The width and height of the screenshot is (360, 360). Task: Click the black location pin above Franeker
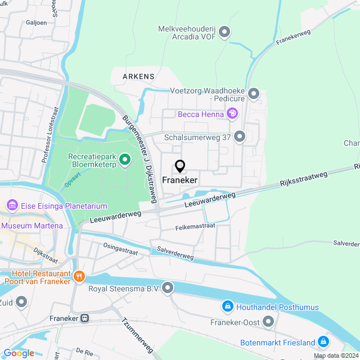tap(180, 166)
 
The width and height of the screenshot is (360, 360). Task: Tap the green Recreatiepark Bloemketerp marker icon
tap(124, 160)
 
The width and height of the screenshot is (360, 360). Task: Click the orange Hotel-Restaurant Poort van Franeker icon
tap(79, 276)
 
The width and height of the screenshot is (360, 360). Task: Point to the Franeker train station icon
tap(84, 318)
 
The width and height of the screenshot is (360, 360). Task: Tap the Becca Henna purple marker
tap(232, 114)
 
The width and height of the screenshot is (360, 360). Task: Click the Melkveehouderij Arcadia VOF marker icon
tap(224, 33)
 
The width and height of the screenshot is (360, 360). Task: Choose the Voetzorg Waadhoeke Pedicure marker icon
tap(254, 94)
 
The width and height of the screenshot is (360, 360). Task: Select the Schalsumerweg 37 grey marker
tap(240, 137)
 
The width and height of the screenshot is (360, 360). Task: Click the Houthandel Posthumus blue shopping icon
tap(227, 307)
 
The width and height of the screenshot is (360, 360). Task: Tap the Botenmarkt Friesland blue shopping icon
tap(323, 342)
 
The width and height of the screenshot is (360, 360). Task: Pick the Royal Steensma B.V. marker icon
tap(168, 289)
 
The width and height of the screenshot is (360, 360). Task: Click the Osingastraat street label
tap(120, 250)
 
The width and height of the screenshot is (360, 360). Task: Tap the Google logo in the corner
tap(19, 353)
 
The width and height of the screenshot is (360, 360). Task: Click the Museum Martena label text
tap(31, 226)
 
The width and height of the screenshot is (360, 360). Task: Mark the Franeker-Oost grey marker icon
tap(268, 322)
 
